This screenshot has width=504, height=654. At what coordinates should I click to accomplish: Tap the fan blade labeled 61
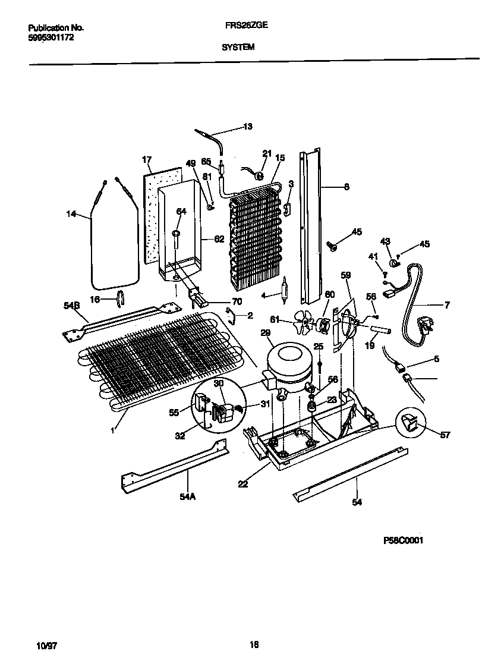(x=306, y=324)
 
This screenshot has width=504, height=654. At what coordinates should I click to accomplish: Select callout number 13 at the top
(x=247, y=126)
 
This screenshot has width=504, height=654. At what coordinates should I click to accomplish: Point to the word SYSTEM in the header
(x=238, y=48)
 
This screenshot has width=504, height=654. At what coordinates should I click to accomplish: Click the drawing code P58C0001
(x=403, y=540)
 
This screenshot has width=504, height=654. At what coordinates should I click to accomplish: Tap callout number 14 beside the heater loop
(x=72, y=214)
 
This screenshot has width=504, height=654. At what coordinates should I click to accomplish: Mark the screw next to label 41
(x=386, y=274)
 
